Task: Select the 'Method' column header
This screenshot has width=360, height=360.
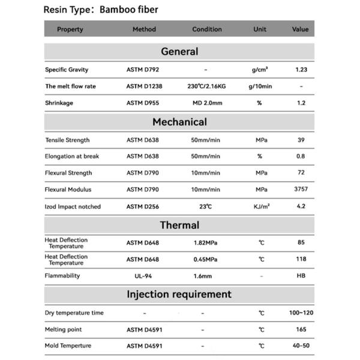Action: point(144,29)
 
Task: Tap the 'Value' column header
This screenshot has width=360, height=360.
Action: point(300,29)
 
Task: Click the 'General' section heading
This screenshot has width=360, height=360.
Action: point(179,52)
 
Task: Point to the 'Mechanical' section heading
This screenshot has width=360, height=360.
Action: point(179,122)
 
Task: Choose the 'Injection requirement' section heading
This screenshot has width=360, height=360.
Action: point(179,294)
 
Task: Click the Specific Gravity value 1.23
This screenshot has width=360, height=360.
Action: point(301,70)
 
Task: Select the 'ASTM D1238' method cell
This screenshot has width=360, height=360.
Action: point(144,86)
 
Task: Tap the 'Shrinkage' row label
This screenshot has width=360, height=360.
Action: point(59,103)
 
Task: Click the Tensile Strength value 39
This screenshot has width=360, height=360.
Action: point(301,140)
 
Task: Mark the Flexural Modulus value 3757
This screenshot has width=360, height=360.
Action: point(301,190)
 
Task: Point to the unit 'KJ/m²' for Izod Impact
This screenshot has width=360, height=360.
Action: point(261,206)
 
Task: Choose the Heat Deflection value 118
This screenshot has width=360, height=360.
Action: point(301,259)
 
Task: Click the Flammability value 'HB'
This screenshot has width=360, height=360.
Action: point(301,276)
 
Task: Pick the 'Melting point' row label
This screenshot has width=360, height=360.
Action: point(64,329)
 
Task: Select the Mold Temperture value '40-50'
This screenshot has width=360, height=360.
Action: point(301,346)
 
